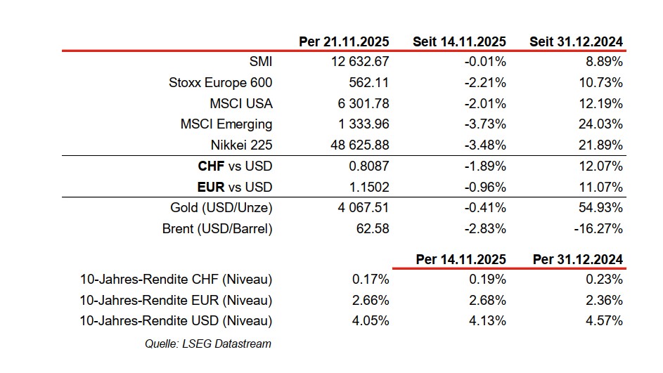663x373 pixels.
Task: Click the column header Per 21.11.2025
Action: tap(344, 41)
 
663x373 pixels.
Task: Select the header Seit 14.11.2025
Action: tap(460, 41)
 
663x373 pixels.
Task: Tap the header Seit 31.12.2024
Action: tap(576, 41)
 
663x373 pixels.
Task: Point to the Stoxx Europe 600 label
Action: tap(220, 83)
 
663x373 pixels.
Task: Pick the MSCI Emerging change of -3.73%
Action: tap(485, 124)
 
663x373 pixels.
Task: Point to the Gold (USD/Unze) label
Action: tap(221, 208)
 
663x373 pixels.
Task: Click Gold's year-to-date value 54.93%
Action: tap(601, 208)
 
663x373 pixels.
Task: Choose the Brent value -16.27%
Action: tap(599, 229)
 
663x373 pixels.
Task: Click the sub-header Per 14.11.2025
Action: tap(461, 259)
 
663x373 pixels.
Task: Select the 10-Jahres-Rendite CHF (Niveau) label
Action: tap(176, 280)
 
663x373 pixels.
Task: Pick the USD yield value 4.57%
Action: tap(604, 322)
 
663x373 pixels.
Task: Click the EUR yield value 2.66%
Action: tap(371, 301)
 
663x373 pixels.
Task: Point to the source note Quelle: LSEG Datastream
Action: tap(207, 343)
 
